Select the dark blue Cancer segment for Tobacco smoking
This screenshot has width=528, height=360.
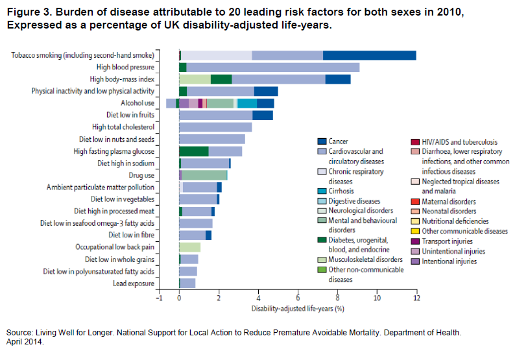369,55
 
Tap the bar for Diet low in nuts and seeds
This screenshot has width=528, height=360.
211,139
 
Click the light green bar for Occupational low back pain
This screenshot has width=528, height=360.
189,247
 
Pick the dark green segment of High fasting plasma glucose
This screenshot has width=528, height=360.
193,151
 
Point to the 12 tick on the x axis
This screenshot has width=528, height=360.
416,298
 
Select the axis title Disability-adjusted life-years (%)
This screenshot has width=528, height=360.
298,309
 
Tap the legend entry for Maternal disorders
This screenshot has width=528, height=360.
449,202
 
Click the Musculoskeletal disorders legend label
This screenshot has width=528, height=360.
365,259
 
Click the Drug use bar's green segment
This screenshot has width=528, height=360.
204,175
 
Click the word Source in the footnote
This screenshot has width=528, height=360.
19,333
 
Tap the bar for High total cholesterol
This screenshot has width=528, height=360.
215,127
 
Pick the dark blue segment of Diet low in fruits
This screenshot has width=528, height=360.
263,115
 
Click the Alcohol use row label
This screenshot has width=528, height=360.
138,103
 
